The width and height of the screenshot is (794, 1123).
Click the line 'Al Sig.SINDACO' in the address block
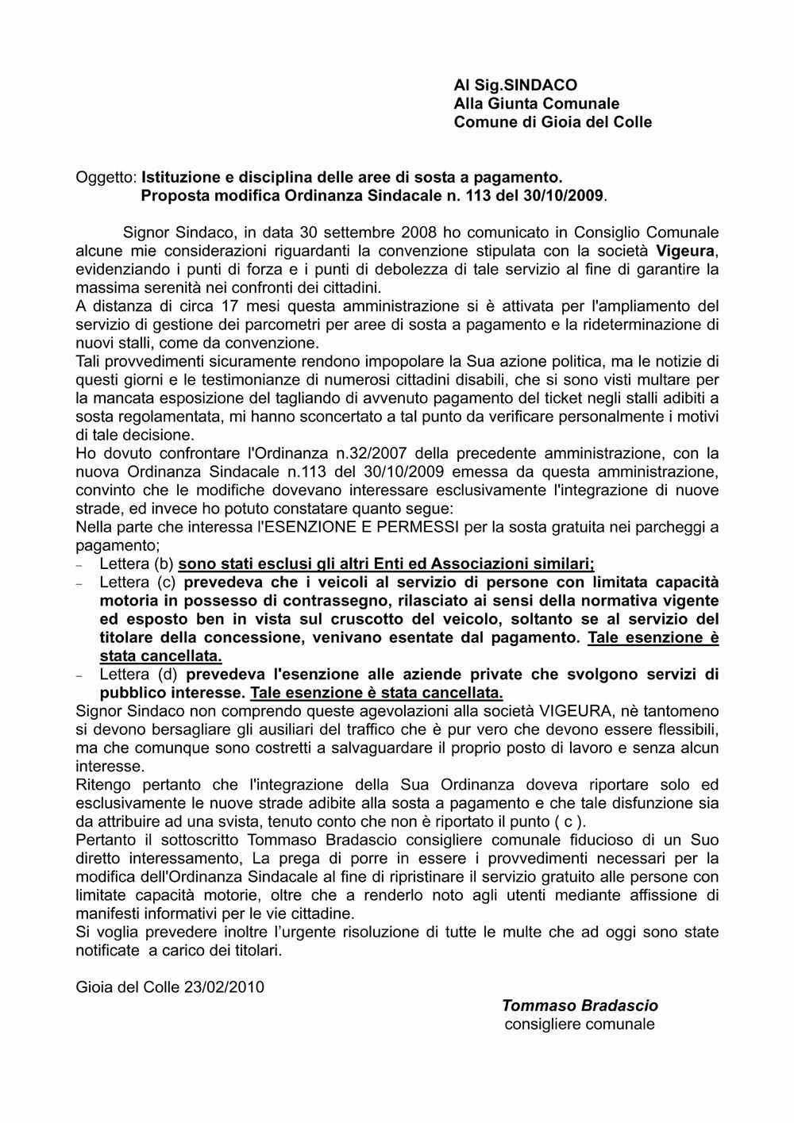point(515,84)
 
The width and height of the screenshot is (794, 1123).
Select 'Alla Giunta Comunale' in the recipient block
point(536,103)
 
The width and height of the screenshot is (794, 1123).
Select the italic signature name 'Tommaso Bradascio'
point(580,1006)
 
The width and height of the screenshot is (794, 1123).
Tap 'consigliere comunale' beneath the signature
point(580,1024)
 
